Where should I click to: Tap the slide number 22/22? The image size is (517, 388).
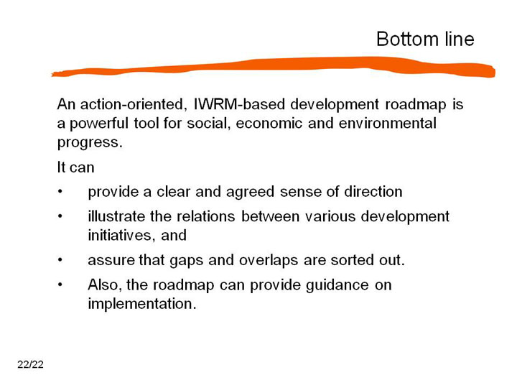pos(30,364)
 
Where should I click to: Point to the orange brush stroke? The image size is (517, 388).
pos(274,67)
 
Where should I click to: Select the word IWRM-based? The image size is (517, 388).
pos(239,104)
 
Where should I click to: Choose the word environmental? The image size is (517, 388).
pos(388,124)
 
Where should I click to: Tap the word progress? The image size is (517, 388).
pos(90,143)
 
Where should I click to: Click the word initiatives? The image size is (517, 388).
pos(121,236)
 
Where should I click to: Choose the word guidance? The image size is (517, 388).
pos(337,285)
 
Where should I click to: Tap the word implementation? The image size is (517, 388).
pos(142,304)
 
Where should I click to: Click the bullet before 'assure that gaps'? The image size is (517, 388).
pos(60,260)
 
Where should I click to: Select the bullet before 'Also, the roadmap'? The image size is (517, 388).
pos(60,285)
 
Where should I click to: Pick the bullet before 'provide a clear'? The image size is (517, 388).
pos(60,191)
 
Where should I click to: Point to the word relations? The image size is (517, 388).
pos(206,216)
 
